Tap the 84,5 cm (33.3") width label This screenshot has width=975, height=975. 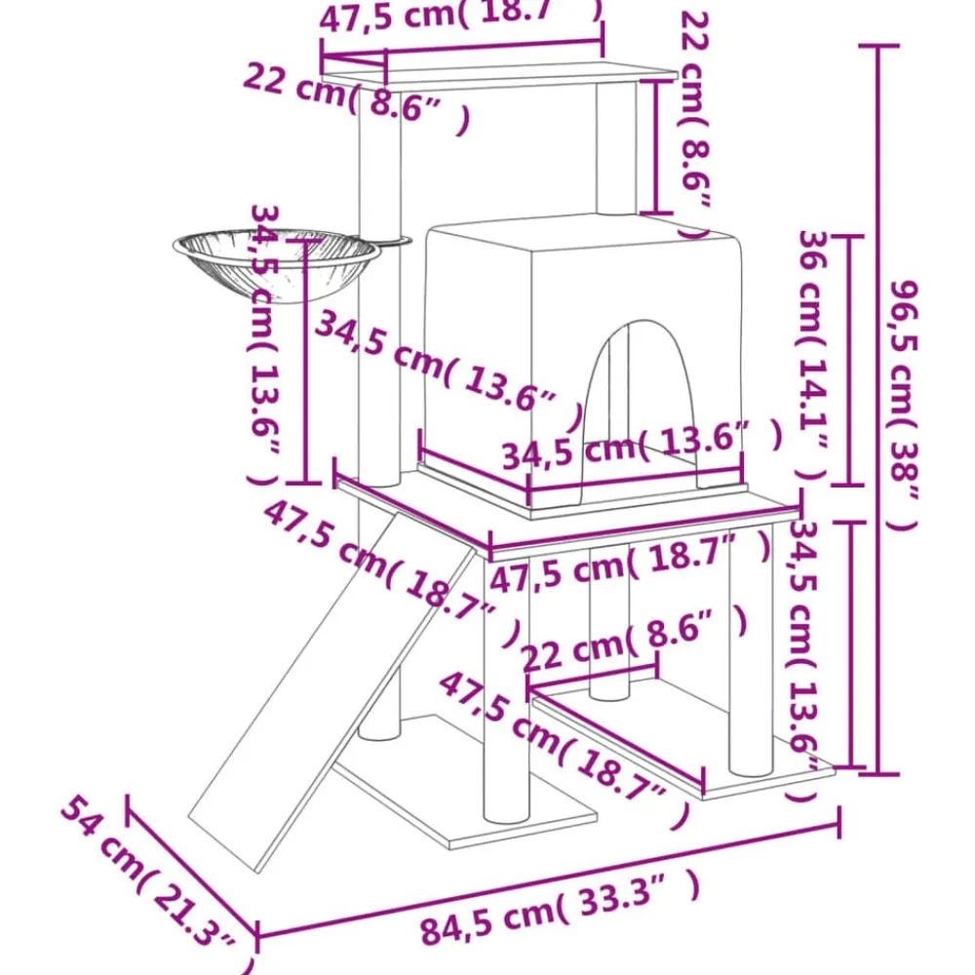(560, 909)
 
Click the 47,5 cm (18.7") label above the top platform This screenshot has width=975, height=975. (460, 15)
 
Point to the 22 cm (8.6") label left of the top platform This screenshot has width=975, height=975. (356, 97)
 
